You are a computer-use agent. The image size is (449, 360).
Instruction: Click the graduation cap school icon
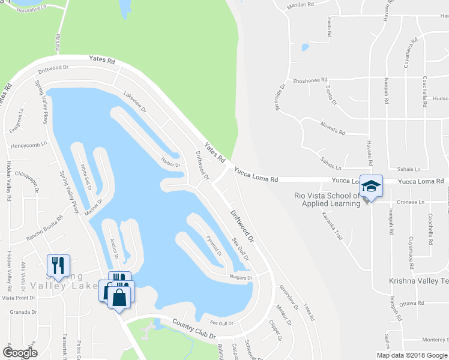[372, 185]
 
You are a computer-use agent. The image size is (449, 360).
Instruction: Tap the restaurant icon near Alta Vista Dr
[59, 265]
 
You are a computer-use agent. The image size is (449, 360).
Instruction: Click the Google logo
[20, 353]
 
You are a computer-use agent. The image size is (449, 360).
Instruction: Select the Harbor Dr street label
[170, 163]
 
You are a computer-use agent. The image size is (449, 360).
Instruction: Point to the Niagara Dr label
[241, 277]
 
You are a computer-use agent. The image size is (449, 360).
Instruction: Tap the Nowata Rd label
[333, 132]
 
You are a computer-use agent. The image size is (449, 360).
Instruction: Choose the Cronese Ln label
[409, 203]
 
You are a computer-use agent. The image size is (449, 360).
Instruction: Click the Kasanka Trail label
[331, 226]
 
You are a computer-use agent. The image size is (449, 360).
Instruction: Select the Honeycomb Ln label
[24, 146]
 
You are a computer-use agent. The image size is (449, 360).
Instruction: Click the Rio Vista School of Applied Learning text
[327, 199]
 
